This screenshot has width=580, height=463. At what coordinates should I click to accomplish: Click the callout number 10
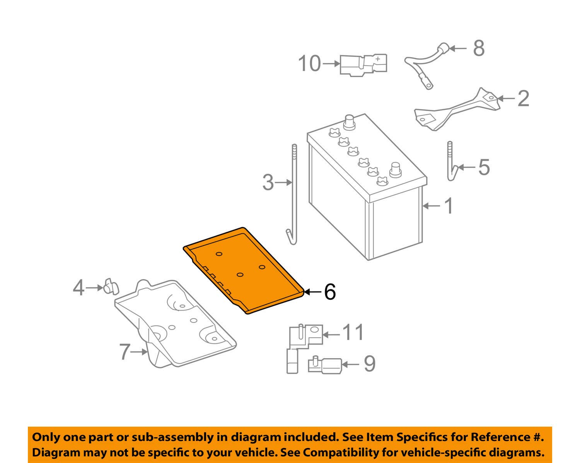click(309, 63)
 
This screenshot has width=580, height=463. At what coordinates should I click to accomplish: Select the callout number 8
click(479, 48)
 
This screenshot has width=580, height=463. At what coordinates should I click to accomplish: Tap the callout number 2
click(523, 99)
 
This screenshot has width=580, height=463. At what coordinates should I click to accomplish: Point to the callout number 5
click(484, 167)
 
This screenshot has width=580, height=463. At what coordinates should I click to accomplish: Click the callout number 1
click(449, 206)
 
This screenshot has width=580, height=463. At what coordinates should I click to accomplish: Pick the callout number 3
click(268, 182)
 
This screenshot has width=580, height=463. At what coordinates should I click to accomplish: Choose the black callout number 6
click(329, 292)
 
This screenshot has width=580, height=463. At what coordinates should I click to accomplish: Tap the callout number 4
click(78, 288)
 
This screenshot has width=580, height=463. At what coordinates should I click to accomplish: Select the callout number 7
click(125, 352)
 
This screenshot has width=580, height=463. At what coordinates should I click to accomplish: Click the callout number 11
click(353, 332)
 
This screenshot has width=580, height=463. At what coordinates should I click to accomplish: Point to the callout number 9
click(369, 364)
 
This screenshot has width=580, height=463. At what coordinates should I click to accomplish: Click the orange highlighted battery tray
click(244, 271)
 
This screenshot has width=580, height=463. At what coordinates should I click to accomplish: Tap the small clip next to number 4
click(111, 286)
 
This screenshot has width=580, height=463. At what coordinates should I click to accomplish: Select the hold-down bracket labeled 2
click(454, 110)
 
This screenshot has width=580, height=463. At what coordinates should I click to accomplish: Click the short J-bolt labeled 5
click(451, 162)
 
